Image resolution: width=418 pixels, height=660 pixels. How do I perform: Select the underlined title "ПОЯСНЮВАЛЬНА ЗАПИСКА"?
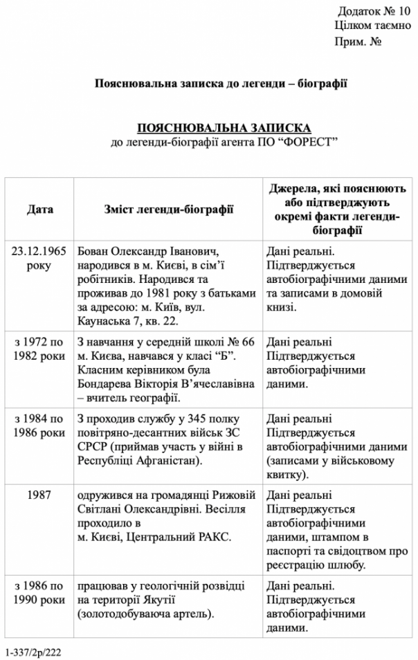(224, 128)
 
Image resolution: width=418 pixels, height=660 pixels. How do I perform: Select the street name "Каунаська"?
(105, 320)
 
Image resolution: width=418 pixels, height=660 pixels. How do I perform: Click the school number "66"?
(249, 342)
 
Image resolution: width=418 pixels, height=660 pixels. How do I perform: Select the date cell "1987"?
(39, 495)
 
